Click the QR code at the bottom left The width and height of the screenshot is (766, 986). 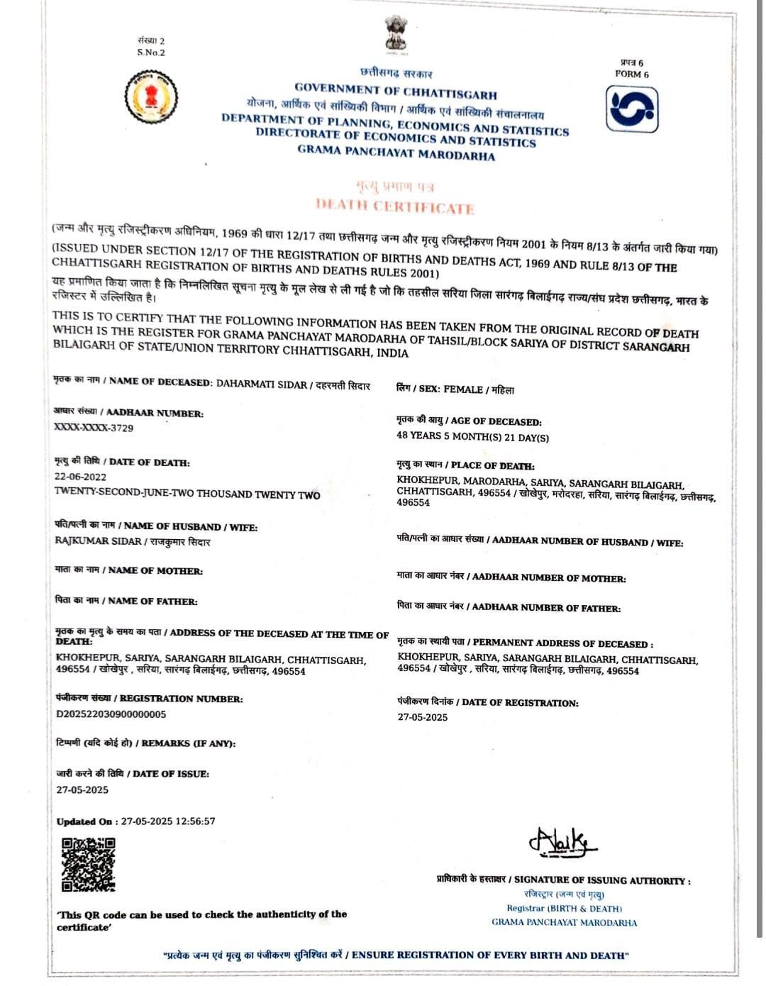point(88,864)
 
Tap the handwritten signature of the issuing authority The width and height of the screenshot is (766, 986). point(562,842)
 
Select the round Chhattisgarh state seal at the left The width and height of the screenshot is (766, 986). point(151,96)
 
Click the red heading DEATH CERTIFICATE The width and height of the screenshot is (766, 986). point(394,206)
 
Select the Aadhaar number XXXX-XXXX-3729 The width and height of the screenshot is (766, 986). point(94,428)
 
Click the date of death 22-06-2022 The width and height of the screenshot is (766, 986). point(80,477)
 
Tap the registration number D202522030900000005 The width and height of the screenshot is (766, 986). point(111,714)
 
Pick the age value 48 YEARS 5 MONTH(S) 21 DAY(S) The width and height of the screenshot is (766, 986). point(472,437)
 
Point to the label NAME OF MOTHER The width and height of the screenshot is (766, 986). point(155,570)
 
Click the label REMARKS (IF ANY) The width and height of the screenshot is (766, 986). point(188,743)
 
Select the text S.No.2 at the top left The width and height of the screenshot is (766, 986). point(151,52)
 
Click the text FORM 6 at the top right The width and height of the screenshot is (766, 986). point(631,74)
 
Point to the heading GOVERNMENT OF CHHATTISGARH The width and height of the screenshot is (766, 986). point(395,92)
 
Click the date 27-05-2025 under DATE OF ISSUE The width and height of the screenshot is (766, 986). point(82,790)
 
